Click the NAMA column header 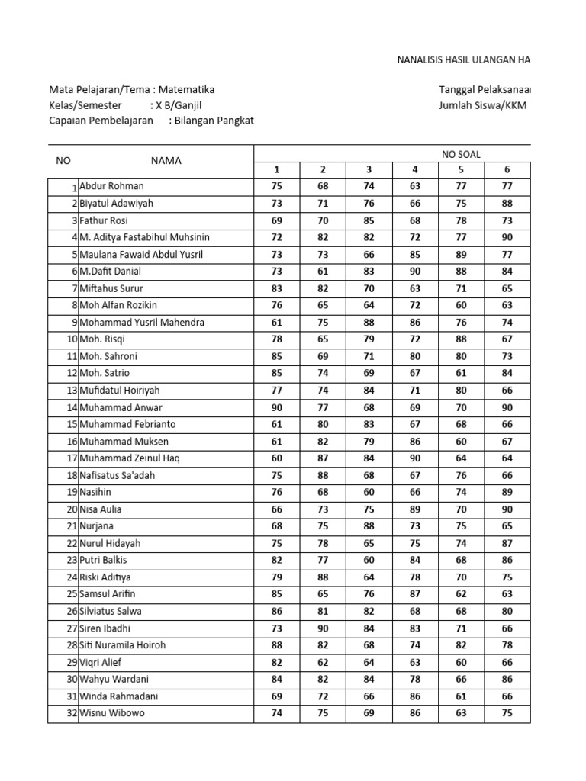point(166,161)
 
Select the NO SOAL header point(461,154)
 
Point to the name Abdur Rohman point(111,186)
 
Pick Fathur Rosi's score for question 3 point(369,220)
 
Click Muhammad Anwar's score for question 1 point(276,407)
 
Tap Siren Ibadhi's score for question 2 point(323,628)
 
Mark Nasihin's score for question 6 point(507,492)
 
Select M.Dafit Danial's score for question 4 point(415,271)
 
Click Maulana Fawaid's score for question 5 point(461,254)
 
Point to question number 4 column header point(415,169)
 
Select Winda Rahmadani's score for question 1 point(276,696)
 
